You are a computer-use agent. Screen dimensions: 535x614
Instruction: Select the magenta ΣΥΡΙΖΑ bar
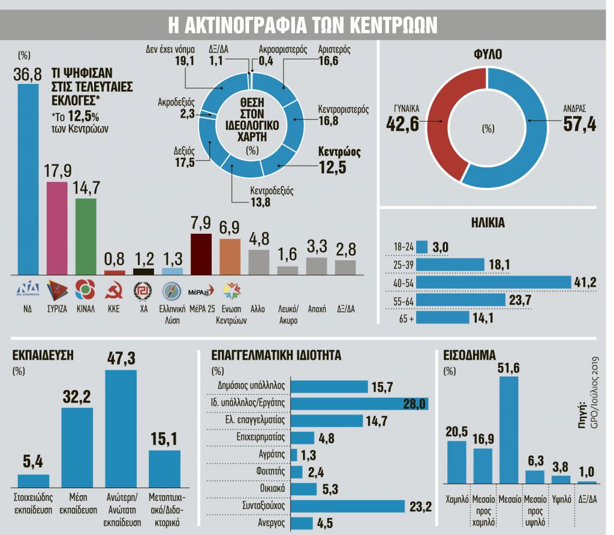[x=58, y=228]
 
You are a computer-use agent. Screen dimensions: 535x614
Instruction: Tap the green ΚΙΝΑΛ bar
[x=86, y=236]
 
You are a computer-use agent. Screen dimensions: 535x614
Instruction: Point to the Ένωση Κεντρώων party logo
[x=230, y=291]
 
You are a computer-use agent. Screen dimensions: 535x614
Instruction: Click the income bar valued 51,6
[x=509, y=429]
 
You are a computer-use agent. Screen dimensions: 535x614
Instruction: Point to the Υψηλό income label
[x=561, y=498]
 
